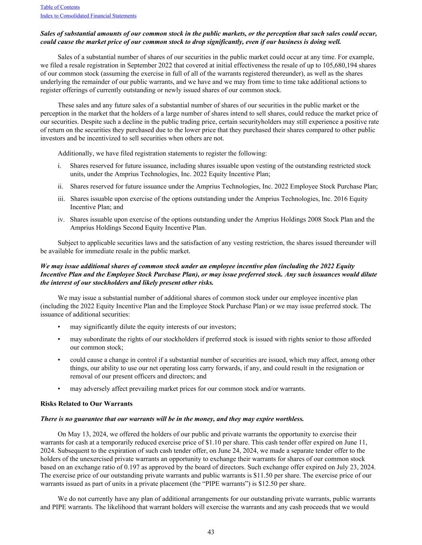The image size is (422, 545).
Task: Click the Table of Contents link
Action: pos(60,7)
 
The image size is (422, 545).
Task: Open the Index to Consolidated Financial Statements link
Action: pos(88,16)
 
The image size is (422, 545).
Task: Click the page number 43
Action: pos(211,532)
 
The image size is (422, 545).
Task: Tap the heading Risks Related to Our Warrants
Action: pos(86,404)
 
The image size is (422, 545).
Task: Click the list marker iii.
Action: pos(61,199)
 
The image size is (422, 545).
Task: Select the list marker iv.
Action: pos(61,220)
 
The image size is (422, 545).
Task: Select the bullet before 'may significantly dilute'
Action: pos(59,327)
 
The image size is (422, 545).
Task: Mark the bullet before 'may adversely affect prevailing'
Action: pos(59,389)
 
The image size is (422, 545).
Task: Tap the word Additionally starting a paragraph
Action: pos(75,153)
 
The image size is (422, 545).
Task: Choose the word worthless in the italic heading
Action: pos(289,419)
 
